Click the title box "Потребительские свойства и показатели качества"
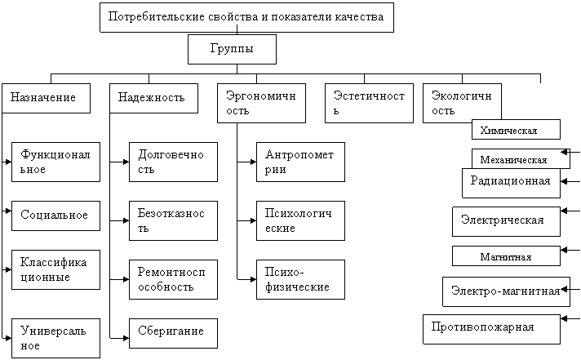[246, 17]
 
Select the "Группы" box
[232, 49]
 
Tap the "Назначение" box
[46, 98]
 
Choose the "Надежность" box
[153, 98]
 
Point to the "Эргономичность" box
[262, 103]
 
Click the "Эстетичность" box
[369, 103]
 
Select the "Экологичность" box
[462, 103]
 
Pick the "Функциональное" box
[56, 162]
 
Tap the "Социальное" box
[56, 216]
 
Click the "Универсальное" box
[56, 338]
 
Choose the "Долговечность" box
[174, 162]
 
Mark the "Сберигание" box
[174, 333]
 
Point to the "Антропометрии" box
[300, 162]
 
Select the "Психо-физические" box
[300, 279]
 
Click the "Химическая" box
[516, 130]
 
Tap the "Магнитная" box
[506, 256]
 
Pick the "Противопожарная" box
[491, 329]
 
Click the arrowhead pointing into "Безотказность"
[126, 220]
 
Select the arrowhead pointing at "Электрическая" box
[564, 211]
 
